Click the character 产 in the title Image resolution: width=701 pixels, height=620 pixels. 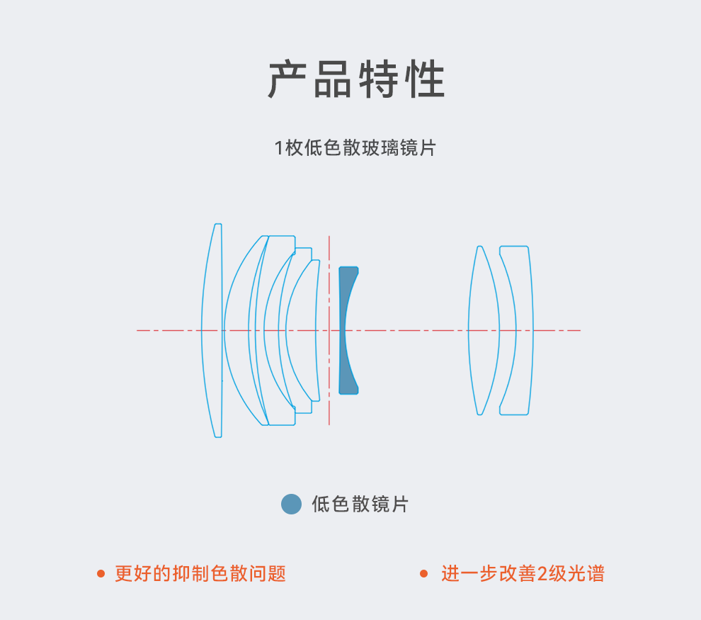[x=290, y=80]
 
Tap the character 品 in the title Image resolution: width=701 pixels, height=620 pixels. [x=334, y=80]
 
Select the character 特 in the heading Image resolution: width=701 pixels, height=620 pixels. [x=379, y=80]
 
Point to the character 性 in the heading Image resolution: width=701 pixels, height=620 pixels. [x=423, y=80]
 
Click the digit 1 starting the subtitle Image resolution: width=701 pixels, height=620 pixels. [x=279, y=148]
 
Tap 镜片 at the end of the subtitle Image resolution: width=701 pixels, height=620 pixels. [x=418, y=148]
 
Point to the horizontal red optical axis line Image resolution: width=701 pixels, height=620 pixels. [x=411, y=330]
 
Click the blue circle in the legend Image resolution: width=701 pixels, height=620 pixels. [x=291, y=504]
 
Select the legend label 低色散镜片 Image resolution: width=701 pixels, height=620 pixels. [x=360, y=504]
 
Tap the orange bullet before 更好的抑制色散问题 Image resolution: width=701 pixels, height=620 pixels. [x=101, y=573]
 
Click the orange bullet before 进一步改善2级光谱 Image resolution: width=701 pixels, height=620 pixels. [x=424, y=573]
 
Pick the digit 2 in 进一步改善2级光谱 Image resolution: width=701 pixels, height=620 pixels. [x=543, y=573]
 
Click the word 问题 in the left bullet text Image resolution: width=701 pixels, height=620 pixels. [x=268, y=573]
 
